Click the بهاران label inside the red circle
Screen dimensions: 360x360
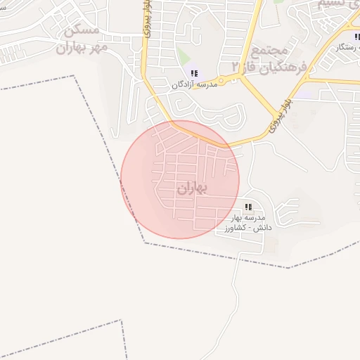coord(193,188)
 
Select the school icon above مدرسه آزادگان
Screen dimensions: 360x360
coord(193,73)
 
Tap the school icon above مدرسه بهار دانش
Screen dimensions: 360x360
coord(247,207)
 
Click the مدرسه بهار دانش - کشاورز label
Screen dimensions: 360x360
coord(246,224)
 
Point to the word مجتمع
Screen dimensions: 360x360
coord(270,50)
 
